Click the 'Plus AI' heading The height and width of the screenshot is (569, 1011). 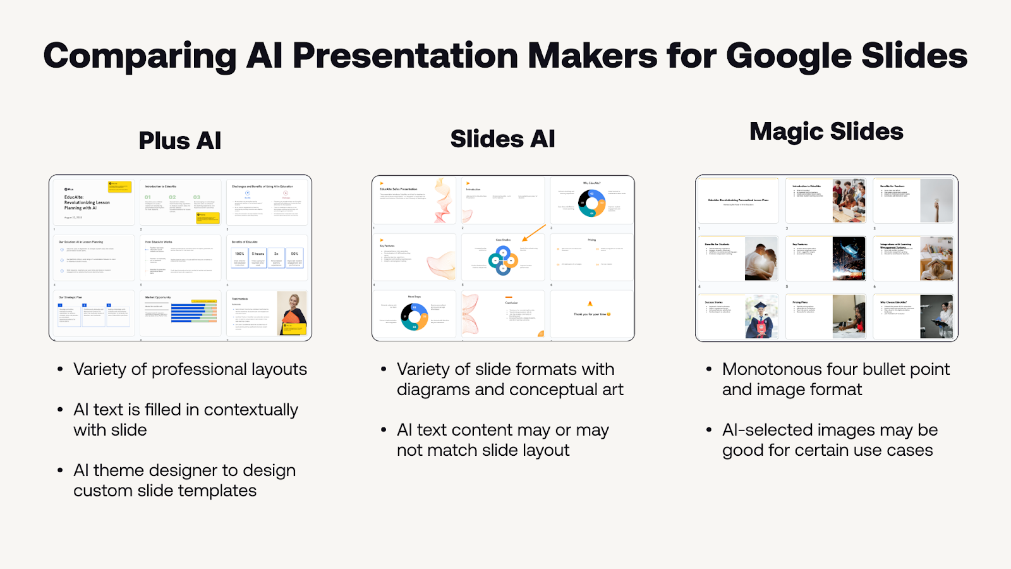tap(179, 140)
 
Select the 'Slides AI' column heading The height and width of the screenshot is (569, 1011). tap(502, 138)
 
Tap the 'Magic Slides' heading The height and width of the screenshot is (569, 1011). tap(826, 132)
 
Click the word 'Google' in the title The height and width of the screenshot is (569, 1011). tap(788, 56)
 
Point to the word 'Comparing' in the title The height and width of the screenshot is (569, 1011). tap(140, 56)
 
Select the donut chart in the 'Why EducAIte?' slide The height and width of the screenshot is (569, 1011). tap(591, 203)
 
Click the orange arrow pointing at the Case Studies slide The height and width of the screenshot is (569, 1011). tap(534, 233)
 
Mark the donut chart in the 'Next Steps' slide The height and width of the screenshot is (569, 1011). tap(415, 316)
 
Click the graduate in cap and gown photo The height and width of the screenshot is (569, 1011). tap(761, 317)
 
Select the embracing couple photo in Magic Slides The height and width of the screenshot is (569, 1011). tap(761, 259)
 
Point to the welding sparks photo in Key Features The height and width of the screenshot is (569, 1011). tap(849, 259)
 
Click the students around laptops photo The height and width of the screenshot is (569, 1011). tap(849, 200)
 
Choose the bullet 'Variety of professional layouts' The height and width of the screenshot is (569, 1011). tap(190, 369)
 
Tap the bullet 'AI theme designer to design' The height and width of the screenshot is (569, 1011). tap(184, 470)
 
